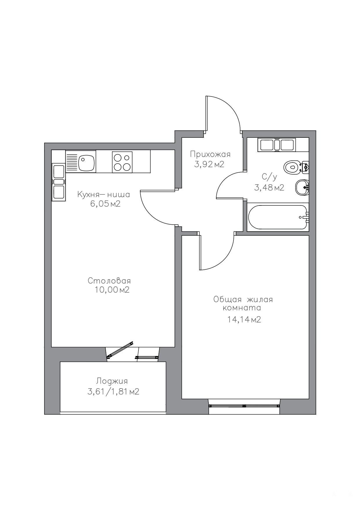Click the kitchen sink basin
86,163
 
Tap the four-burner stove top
122,162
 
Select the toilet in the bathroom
296,167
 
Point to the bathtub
278,217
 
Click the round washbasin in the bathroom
302,187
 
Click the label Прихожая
210,154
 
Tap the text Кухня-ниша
104,194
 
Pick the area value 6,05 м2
105,204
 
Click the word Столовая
109,281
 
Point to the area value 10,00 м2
112,290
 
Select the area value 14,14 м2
244,320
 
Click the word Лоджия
112,381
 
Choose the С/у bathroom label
269,177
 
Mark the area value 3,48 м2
269,188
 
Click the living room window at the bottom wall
244,405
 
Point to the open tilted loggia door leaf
120,349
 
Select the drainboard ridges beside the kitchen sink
72,163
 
